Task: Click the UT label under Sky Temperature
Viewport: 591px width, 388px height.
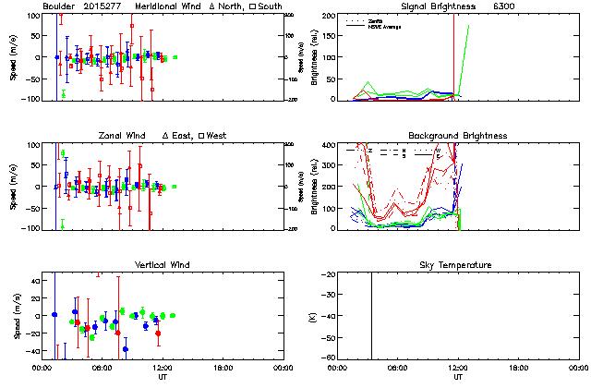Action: [x=457, y=377]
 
